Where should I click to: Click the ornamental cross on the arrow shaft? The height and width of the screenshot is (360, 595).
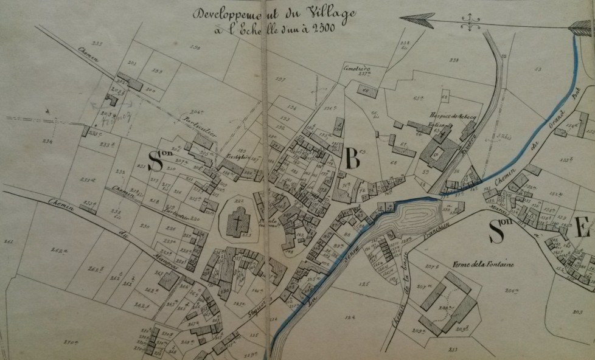point(470,22)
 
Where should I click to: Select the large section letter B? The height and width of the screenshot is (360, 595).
point(352,159)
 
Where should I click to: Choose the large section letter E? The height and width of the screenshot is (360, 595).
point(583,229)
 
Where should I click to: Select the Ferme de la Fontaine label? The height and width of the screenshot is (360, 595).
point(484,264)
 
